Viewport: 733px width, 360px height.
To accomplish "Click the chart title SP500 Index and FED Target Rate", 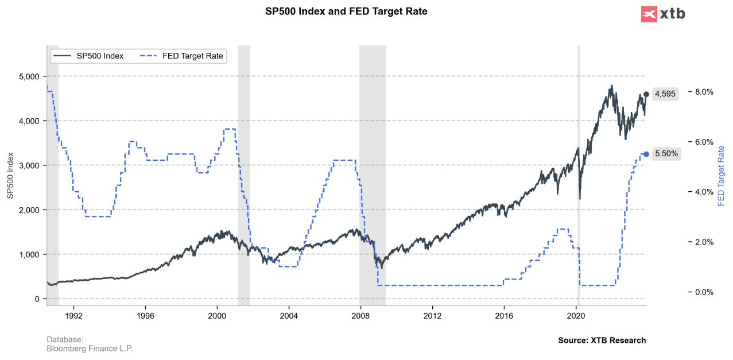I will tap(346, 11).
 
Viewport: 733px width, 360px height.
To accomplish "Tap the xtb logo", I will tap(663, 14).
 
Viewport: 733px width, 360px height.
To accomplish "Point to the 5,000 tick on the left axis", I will tap(28, 76).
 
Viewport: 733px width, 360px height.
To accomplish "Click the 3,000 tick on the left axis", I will tap(28, 165).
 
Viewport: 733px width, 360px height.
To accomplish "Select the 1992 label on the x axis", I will tap(73, 315).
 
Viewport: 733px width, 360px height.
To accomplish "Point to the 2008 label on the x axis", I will tap(360, 315).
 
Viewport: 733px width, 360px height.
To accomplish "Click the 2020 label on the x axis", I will tap(576, 315).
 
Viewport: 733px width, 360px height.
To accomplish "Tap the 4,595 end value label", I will tap(665, 94).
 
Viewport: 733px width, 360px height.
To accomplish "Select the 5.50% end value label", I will tap(666, 154).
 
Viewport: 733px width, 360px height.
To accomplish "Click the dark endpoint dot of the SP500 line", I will tap(646, 94).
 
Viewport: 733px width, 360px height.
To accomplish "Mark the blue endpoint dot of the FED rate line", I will tap(646, 154).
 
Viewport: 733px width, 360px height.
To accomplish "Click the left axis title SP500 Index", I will tap(10, 176).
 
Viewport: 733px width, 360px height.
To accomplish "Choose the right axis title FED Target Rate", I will tap(722, 176).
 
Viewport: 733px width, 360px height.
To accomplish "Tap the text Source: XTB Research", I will tap(602, 340).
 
